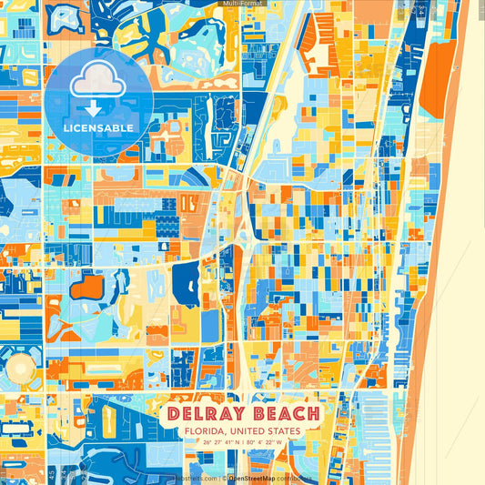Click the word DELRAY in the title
tap(207, 415)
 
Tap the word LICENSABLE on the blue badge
tap(97, 128)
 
